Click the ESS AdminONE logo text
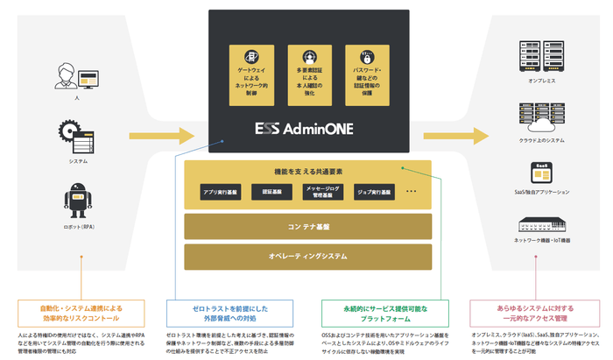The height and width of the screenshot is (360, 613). pyautogui.click(x=307, y=129)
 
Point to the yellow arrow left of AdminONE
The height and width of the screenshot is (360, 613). pyautogui.click(x=161, y=135)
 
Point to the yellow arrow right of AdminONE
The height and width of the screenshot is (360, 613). pyautogui.click(x=456, y=135)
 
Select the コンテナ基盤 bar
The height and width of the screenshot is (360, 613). pyautogui.click(x=307, y=226)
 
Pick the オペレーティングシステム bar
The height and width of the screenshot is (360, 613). pyautogui.click(x=307, y=257)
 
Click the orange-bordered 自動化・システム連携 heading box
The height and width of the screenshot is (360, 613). pyautogui.click(x=81, y=314)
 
